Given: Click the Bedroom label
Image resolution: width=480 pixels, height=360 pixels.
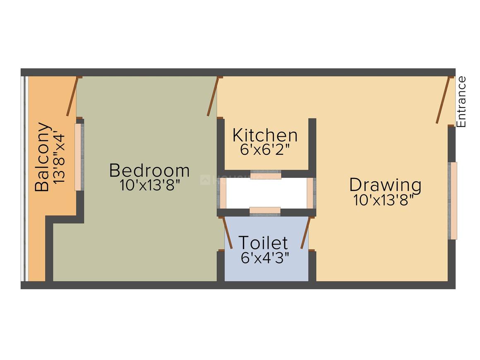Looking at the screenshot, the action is tap(149, 170).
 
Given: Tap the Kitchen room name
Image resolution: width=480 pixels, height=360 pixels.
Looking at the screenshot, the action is tap(265, 135).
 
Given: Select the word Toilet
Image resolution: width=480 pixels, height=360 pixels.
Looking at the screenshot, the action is tap(263, 243).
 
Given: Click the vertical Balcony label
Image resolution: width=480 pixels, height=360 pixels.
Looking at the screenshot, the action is tap(42, 157).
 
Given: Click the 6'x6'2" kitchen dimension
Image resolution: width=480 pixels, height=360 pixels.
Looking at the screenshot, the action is tap(265, 150).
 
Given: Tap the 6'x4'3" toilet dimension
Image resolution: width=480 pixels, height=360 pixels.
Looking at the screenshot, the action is tap(265, 258).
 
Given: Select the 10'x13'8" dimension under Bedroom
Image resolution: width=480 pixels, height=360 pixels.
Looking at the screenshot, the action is tap(149, 185).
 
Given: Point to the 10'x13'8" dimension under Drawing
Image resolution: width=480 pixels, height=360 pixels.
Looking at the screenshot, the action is tap(384, 200).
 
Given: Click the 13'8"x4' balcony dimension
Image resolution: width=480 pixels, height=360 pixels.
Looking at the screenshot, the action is tap(59, 158).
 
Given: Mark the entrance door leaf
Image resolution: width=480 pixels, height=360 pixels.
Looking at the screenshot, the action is tap(443, 100).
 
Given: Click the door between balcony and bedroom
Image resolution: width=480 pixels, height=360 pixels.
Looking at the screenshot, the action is tap(73, 96).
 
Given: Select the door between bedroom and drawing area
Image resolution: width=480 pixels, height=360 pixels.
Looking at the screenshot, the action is tap(213, 96).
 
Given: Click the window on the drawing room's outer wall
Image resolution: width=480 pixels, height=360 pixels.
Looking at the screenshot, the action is tap(452, 201).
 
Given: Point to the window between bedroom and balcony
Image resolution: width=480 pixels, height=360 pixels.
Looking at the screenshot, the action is tap(79, 157).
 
